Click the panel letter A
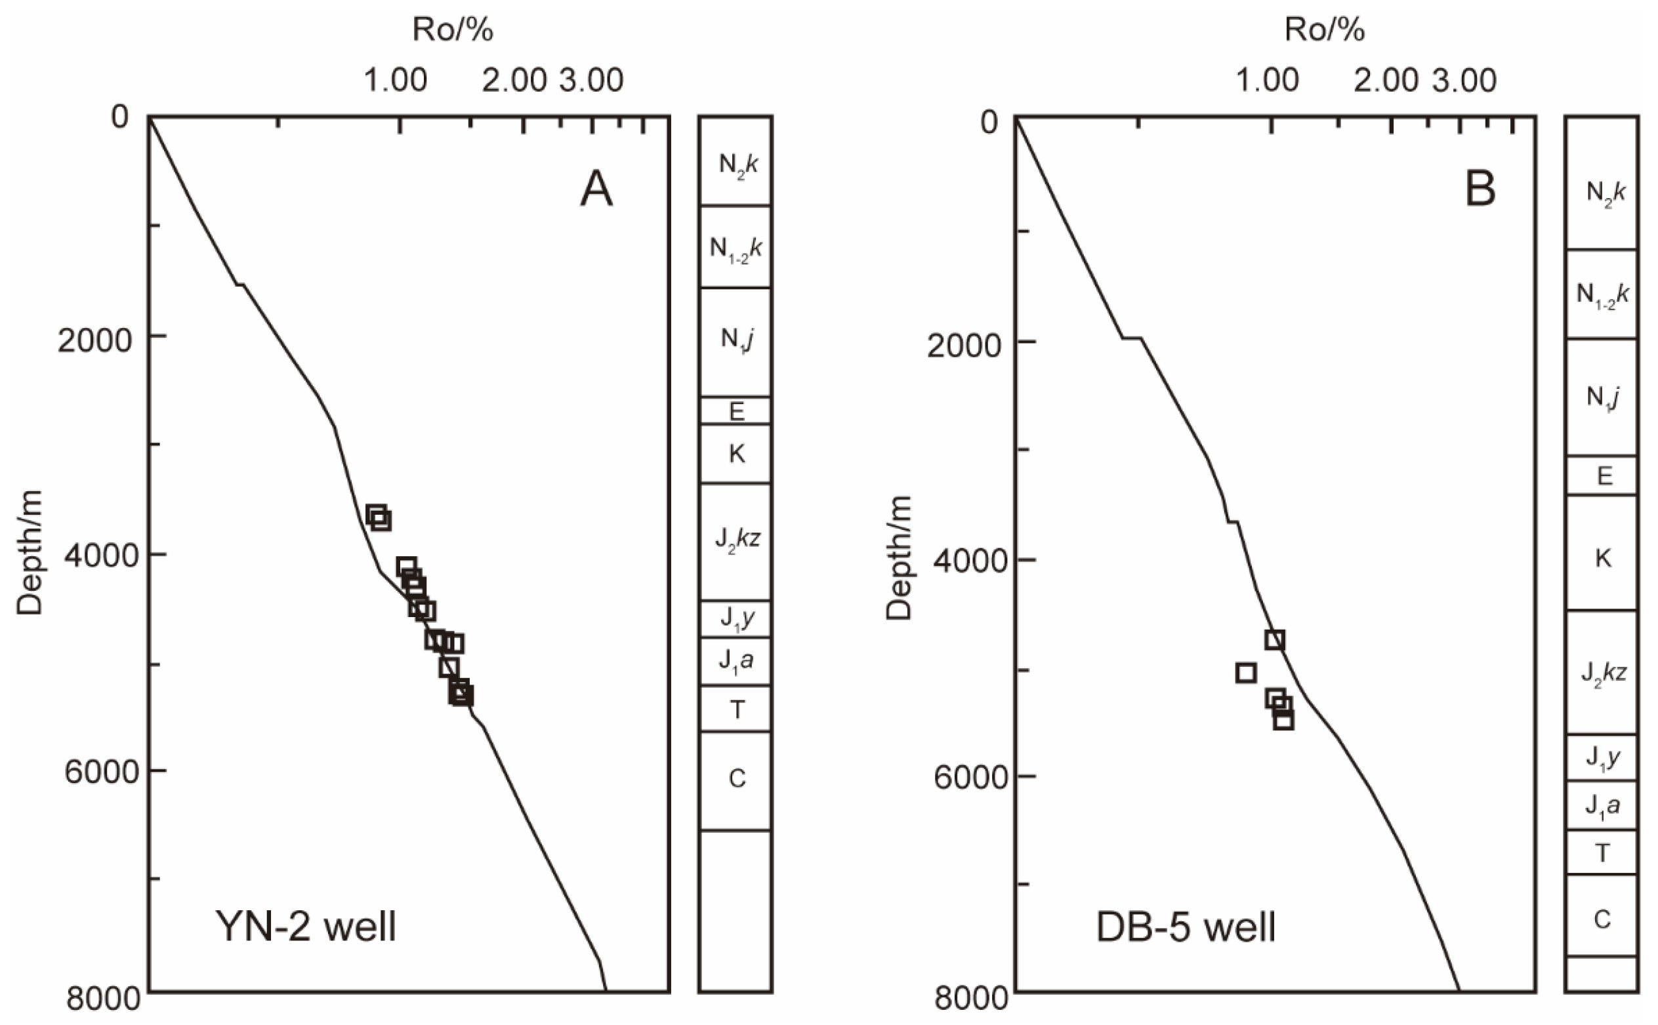click(x=596, y=189)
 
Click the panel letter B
click(x=1480, y=189)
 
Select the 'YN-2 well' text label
click(x=306, y=926)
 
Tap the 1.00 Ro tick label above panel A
click(x=396, y=81)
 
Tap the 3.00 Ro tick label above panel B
click(x=1464, y=81)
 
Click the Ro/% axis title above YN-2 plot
click(x=453, y=30)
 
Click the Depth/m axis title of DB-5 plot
click(x=899, y=557)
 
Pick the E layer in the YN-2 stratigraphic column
click(x=736, y=411)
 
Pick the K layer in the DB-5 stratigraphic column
click(x=1603, y=558)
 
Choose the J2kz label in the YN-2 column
click(x=737, y=540)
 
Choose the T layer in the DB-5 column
click(x=1602, y=853)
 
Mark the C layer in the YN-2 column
click(x=737, y=779)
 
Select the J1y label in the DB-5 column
click(x=1603, y=757)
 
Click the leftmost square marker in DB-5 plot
click(x=1246, y=672)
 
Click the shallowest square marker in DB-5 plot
click(x=1275, y=639)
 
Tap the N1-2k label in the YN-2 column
click(x=736, y=248)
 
